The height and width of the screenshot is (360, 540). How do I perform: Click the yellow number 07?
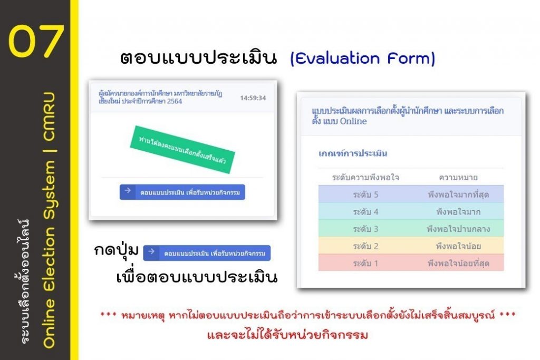tap(36, 41)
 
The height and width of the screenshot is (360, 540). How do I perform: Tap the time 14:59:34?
tap(253, 98)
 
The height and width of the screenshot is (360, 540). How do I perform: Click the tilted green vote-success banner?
tap(182, 150)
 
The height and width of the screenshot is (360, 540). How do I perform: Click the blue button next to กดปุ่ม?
tap(207, 253)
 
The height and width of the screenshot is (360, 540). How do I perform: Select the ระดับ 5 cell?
tap(365, 194)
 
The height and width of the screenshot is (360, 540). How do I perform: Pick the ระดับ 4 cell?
tap(365, 212)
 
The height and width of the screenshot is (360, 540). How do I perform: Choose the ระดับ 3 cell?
tap(365, 229)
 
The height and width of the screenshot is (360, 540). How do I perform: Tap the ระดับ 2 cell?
tap(365, 246)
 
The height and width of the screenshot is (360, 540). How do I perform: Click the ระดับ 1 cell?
tap(365, 264)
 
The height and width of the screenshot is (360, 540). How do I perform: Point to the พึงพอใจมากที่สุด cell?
tap(458, 194)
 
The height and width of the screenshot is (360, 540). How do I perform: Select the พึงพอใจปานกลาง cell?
tap(458, 229)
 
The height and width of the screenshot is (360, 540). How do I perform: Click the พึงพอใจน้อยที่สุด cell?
tap(458, 264)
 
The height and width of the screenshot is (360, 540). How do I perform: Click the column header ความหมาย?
tap(458, 178)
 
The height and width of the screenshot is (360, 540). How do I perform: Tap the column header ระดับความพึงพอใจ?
tap(365, 178)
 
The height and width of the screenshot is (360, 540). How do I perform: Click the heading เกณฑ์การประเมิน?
tap(353, 153)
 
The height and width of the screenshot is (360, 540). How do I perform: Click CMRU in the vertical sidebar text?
tap(49, 116)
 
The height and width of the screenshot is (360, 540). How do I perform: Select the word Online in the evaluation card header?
tap(353, 121)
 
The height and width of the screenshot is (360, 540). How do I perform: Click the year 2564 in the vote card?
tap(174, 101)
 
